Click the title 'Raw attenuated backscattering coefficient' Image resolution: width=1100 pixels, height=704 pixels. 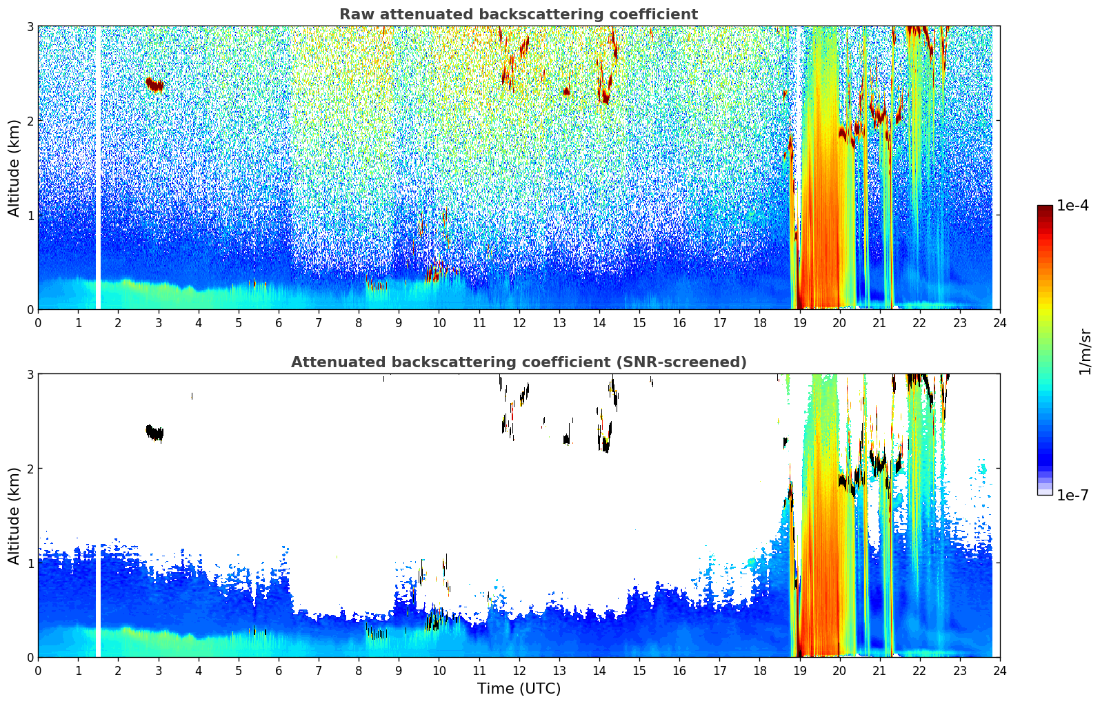tap(518, 14)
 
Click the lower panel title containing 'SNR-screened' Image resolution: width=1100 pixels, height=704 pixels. tap(518, 362)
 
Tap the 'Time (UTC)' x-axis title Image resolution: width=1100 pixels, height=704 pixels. tap(519, 689)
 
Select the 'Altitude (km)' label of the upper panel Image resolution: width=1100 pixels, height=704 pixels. tap(14, 168)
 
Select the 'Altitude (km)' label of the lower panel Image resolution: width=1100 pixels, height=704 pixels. tap(14, 516)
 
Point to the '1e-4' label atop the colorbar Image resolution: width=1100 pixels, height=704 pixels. tap(1072, 206)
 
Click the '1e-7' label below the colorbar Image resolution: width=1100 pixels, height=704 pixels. tap(1072, 495)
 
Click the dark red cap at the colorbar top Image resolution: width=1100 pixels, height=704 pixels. tap(1044, 208)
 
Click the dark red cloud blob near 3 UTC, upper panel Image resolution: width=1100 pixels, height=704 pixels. tap(155, 85)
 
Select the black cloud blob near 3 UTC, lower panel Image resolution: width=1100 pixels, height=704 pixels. tap(155, 433)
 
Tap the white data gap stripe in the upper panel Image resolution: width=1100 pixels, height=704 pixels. tap(98, 168)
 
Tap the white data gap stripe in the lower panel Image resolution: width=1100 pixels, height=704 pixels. tap(98, 516)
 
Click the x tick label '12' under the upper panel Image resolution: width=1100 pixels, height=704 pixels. tap(519, 323)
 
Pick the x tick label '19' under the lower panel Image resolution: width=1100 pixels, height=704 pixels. tap(799, 671)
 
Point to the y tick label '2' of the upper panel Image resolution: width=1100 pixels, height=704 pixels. tap(30, 121)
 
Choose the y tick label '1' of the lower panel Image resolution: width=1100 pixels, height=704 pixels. tap(30, 563)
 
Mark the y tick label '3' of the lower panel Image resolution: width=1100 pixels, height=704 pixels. tap(30, 374)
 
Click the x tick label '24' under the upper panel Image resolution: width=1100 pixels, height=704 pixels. tap(999, 323)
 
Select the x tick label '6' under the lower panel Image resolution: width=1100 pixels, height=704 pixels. tap(279, 671)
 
